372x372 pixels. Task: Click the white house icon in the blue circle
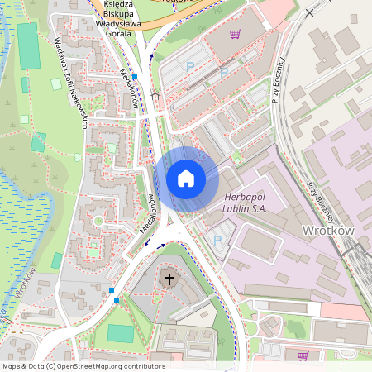click(x=186, y=178)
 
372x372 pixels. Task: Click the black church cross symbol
click(x=169, y=279)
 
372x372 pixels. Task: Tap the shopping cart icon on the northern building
click(x=236, y=34)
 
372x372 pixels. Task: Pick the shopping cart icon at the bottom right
click(x=303, y=355)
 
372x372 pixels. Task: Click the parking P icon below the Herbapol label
click(x=217, y=241)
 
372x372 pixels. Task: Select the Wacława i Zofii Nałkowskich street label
click(x=71, y=82)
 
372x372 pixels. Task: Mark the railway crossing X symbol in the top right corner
click(x=310, y=12)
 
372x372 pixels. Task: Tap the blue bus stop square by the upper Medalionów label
click(x=135, y=75)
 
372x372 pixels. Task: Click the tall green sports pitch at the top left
click(x=27, y=45)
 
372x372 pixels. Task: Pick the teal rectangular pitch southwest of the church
click(x=121, y=333)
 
